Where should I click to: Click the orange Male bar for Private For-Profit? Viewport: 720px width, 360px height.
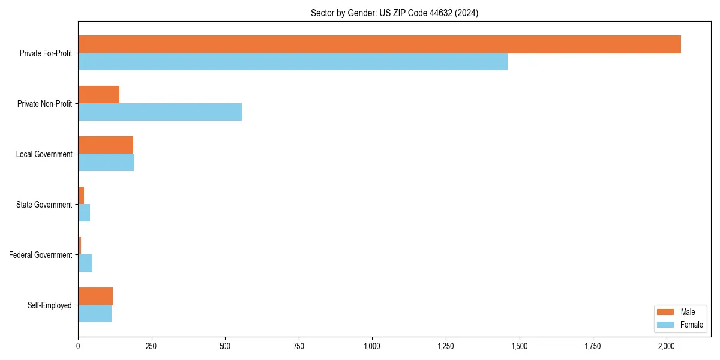click(379, 44)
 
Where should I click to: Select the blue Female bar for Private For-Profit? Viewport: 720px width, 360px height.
click(293, 62)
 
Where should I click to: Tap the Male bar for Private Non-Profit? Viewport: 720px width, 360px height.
click(98, 95)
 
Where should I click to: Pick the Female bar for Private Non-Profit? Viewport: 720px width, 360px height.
click(160, 112)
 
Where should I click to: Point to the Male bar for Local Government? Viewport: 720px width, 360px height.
click(106, 145)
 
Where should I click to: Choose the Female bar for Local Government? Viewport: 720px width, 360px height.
click(106, 163)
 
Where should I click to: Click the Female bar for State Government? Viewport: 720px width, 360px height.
click(84, 213)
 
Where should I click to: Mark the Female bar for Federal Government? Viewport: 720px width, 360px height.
click(85, 263)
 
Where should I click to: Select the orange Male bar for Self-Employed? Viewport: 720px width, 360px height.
click(95, 296)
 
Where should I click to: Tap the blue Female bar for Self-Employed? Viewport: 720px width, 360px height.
click(95, 314)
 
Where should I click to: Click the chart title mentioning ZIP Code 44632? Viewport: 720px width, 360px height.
click(394, 13)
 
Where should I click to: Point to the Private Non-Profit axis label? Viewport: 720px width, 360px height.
click(44, 104)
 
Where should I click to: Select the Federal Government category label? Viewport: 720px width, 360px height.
click(40, 255)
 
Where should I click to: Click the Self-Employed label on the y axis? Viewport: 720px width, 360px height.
click(49, 305)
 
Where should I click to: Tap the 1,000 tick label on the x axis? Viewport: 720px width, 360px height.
click(372, 346)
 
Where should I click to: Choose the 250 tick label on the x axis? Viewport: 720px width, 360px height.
click(151, 346)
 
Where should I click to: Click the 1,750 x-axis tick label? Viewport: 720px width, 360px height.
click(593, 346)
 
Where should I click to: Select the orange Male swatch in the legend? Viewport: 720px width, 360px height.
click(666, 312)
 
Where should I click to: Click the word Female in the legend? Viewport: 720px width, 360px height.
click(691, 325)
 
